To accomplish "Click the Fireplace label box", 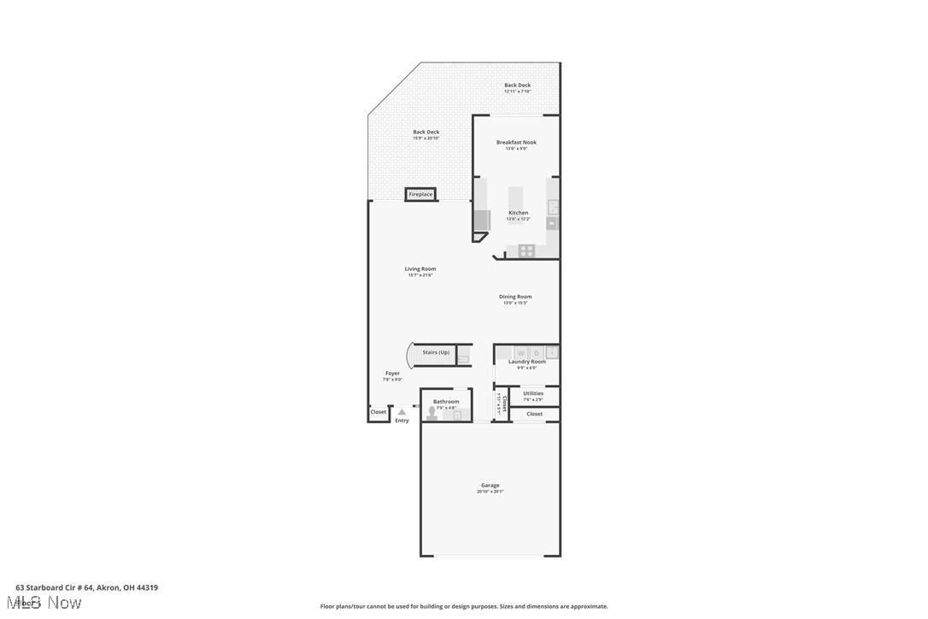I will pyautogui.click(x=420, y=195).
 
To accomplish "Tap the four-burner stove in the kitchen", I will pyautogui.click(x=526, y=251).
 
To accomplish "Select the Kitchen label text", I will pyautogui.click(x=518, y=213).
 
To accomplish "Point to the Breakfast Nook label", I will pyautogui.click(x=516, y=143).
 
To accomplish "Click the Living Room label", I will pyautogui.click(x=420, y=269).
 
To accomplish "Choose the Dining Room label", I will pyautogui.click(x=515, y=298).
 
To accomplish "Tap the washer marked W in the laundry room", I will pyautogui.click(x=520, y=352).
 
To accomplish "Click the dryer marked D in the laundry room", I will pyautogui.click(x=537, y=352).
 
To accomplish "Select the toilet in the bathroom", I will pyautogui.click(x=432, y=414).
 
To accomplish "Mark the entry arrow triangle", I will pyautogui.click(x=402, y=412).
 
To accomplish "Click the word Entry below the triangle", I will pyautogui.click(x=402, y=421).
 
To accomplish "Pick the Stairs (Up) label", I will pyautogui.click(x=436, y=352).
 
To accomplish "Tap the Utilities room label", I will pyautogui.click(x=533, y=393).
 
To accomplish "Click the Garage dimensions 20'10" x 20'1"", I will pyautogui.click(x=490, y=492).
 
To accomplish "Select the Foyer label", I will pyautogui.click(x=392, y=374).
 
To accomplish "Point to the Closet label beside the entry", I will pyautogui.click(x=378, y=412).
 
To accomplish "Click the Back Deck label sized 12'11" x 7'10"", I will pyautogui.click(x=517, y=85).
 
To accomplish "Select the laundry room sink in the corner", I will pyautogui.click(x=553, y=351).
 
